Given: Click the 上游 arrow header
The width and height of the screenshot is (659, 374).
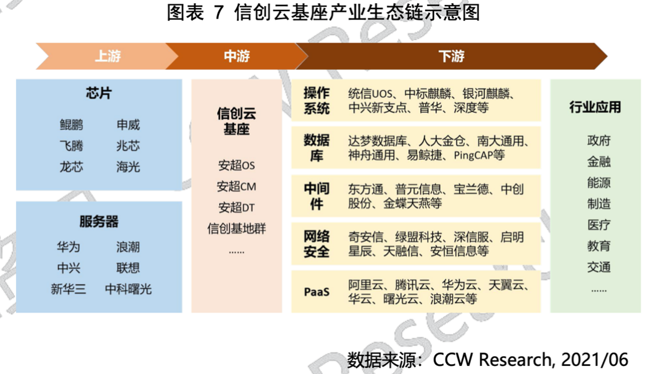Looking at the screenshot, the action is (x=107, y=56).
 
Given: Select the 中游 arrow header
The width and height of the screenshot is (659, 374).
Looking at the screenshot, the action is (x=236, y=56).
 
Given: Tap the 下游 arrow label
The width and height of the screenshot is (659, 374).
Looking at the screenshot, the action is (x=452, y=56).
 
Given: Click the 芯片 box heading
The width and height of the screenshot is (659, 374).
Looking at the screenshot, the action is (x=99, y=93).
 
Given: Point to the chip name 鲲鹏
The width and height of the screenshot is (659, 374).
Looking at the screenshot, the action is (x=72, y=125).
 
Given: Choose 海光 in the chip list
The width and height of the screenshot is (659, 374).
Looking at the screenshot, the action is (x=128, y=167).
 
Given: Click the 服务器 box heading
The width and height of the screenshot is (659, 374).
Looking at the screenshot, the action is (x=99, y=222).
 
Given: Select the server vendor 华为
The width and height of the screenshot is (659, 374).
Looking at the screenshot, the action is (x=68, y=247).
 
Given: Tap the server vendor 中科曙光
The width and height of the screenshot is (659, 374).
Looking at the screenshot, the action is (x=128, y=289).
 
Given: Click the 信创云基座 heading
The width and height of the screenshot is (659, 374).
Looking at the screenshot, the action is (x=236, y=121).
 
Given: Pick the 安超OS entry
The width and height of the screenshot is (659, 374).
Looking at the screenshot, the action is (x=236, y=165).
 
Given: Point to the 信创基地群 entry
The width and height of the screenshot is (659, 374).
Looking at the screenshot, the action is (x=236, y=228).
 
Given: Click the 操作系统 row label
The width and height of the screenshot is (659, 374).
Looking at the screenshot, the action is (x=317, y=101).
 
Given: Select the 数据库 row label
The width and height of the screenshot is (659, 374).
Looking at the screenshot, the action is (x=317, y=148).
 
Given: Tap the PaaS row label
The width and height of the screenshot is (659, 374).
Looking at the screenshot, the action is (x=317, y=292).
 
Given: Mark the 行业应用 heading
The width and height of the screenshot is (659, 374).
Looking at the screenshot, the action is (x=595, y=107).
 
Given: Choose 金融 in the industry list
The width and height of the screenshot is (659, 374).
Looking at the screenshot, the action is (x=599, y=162).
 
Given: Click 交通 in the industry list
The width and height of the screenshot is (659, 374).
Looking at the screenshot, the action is (x=599, y=267).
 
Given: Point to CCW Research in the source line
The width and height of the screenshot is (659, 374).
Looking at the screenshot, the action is (x=492, y=360).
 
